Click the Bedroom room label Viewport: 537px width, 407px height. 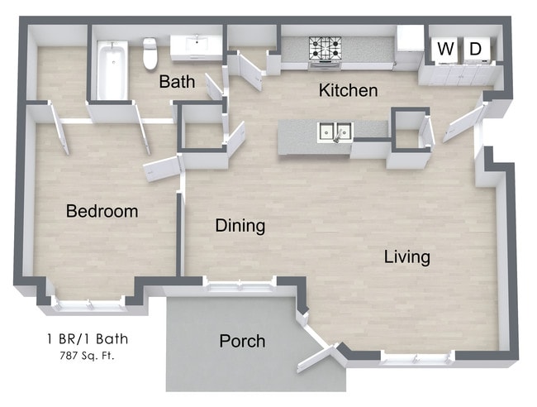(102, 212)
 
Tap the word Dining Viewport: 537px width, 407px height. (240, 225)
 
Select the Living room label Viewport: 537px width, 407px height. (406, 257)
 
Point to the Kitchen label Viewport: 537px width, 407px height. (348, 91)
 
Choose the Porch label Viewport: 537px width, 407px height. (242, 341)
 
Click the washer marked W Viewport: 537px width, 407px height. (445, 49)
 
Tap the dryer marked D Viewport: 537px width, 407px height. (476, 49)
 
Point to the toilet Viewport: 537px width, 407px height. (150, 53)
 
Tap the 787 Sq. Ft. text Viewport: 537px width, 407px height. (87, 357)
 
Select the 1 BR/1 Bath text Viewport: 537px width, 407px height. (87, 338)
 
